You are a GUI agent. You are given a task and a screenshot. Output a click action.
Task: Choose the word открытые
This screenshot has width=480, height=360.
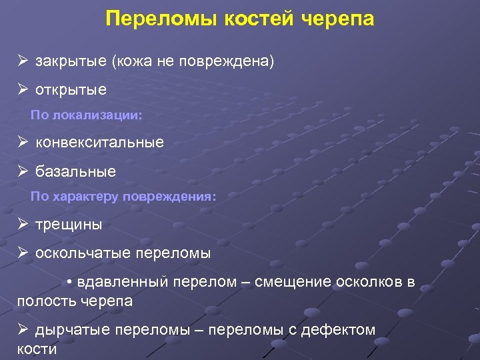coord(71,89)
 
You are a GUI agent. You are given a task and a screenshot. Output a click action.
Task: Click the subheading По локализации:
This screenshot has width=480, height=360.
coord(87,115)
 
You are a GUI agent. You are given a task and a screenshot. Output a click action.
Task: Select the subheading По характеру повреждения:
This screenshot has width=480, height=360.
coord(123,197)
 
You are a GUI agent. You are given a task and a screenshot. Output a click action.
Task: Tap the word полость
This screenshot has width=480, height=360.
coord(46,301)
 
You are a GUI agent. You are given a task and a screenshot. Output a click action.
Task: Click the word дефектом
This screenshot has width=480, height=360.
coord(339,329)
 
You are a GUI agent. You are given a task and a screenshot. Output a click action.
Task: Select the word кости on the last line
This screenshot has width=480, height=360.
coord(37,349)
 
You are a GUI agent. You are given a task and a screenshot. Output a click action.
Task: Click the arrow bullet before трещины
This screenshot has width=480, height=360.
coord(23,225)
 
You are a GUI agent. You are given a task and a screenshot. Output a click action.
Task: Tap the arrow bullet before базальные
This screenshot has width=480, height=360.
coord(23,171)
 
